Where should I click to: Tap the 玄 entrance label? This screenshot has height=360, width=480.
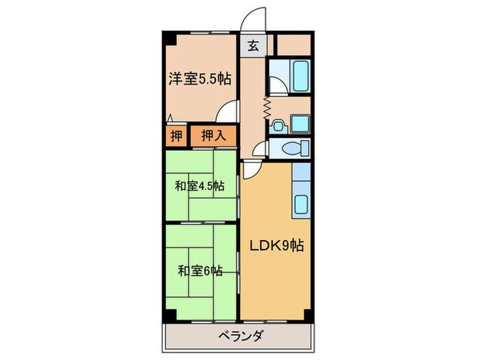click(253, 47)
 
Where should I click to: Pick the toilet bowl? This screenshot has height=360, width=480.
click(297, 147)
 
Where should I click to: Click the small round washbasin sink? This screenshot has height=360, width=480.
click(278, 125)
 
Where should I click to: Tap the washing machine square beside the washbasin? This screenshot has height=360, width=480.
click(300, 123)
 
